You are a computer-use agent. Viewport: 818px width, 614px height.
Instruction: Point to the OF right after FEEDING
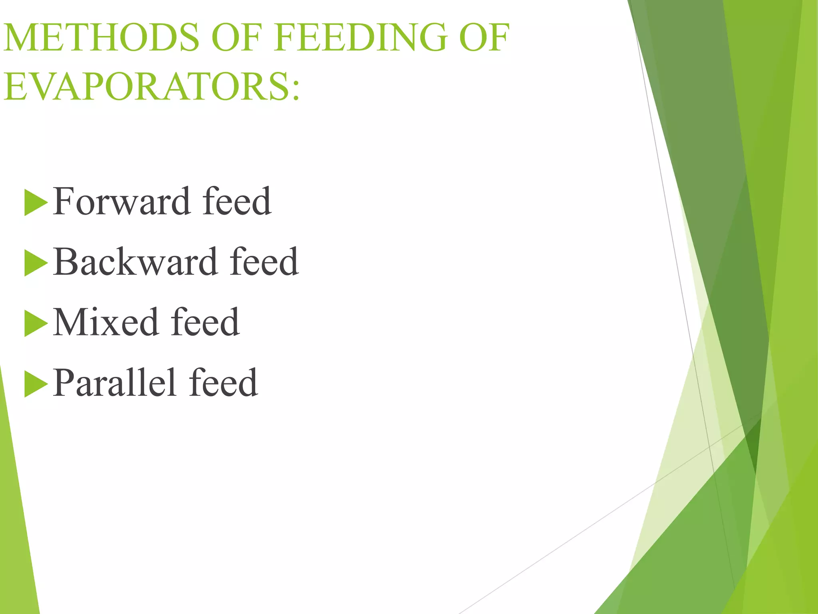pyautogui.click(x=484, y=38)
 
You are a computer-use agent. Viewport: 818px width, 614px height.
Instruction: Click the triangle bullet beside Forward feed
pyautogui.click(x=35, y=203)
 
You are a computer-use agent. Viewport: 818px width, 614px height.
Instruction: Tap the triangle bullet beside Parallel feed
pyautogui.click(x=35, y=384)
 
